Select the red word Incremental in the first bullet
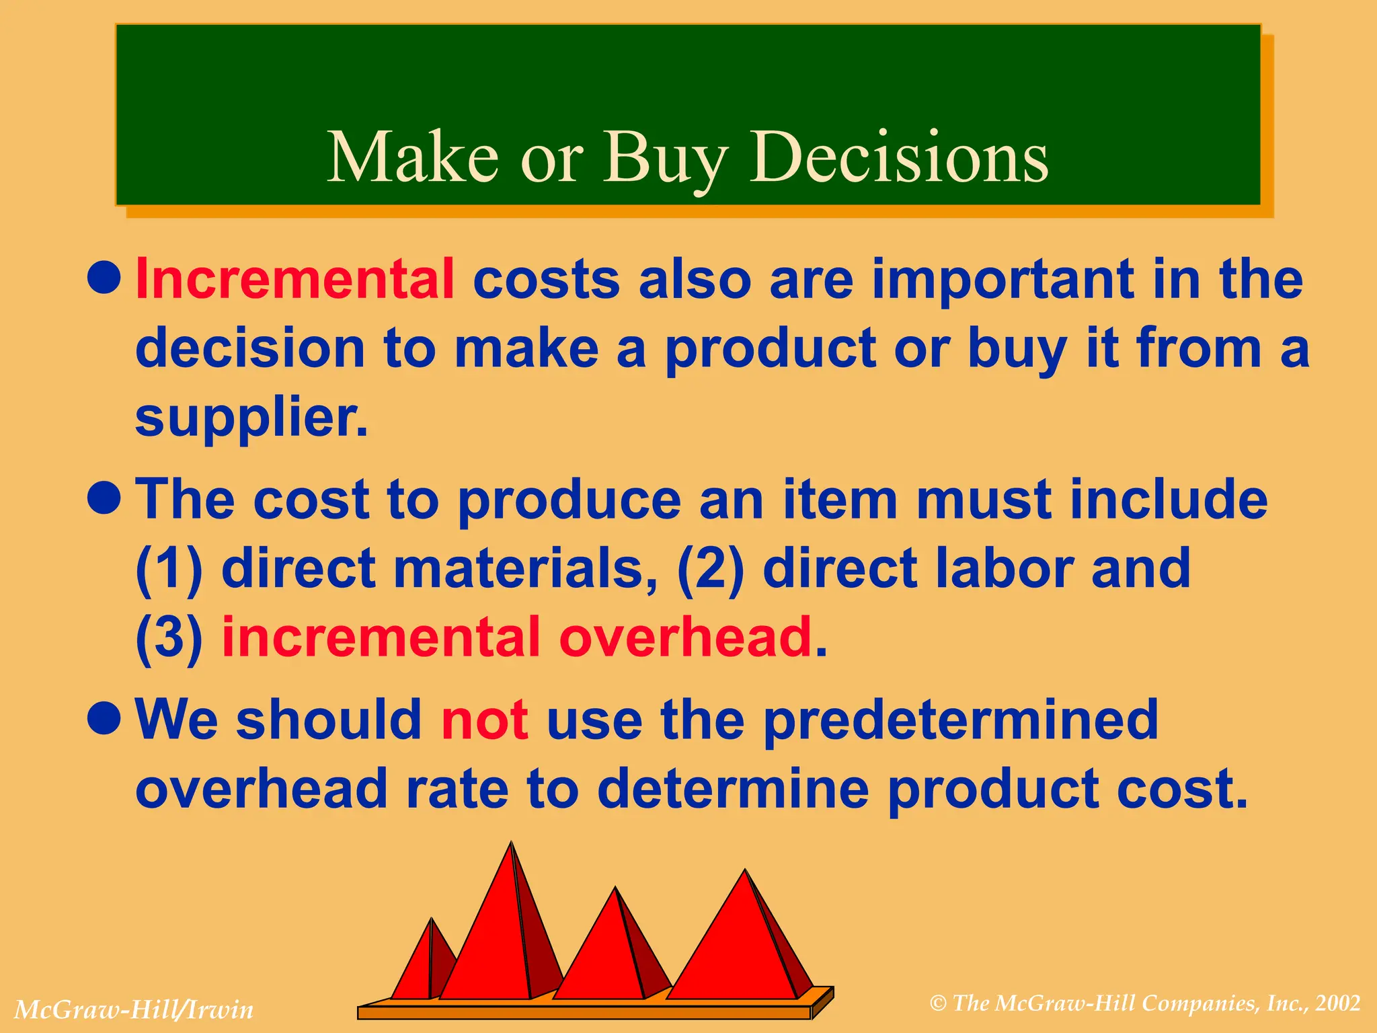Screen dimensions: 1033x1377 click(295, 279)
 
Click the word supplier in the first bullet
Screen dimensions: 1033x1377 click(251, 417)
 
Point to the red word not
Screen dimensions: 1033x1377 click(484, 720)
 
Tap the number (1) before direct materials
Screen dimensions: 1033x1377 click(169, 568)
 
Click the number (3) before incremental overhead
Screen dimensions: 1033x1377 click(169, 637)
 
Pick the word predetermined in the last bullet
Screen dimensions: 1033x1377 click(961, 720)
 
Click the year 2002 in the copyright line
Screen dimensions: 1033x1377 click(1338, 1003)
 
